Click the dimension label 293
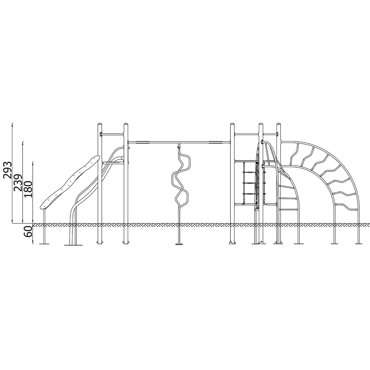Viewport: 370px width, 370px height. click(7, 170)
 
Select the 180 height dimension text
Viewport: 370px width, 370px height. click(27, 189)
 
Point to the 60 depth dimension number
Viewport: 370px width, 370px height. click(28, 231)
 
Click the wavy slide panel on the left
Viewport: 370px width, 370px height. click(69, 182)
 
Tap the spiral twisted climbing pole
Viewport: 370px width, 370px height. click(180, 179)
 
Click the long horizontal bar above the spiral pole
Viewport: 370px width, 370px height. click(179, 142)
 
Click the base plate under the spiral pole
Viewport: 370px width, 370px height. click(179, 244)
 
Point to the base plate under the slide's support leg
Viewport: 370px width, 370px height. click(44, 244)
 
